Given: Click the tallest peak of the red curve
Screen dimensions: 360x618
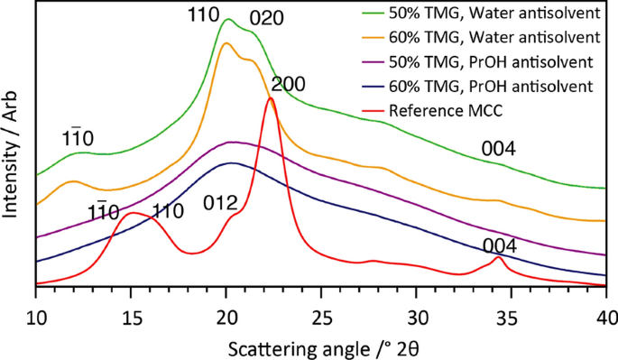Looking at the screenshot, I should click(270, 99).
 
